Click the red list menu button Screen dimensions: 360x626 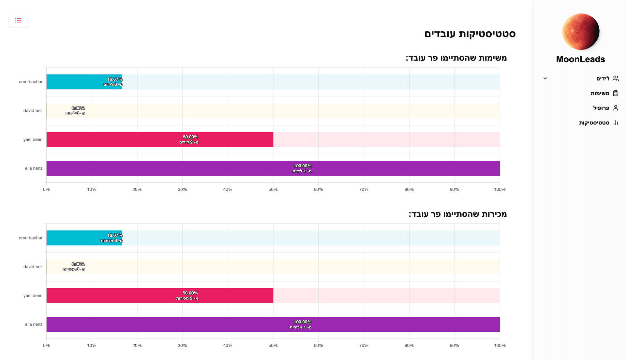click(x=18, y=20)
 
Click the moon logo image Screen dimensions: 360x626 click(x=581, y=32)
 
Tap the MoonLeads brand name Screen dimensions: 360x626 click(x=580, y=59)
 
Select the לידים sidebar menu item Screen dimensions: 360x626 click(x=603, y=79)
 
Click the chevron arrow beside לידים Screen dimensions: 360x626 click(x=545, y=79)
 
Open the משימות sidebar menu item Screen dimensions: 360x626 click(x=600, y=93)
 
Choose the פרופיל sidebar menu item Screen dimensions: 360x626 click(x=601, y=108)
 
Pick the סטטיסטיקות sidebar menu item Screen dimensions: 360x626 click(x=594, y=123)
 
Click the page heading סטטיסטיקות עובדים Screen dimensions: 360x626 click(x=469, y=34)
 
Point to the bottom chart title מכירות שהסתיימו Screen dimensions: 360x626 click(x=457, y=214)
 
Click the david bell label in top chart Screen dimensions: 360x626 click(x=33, y=111)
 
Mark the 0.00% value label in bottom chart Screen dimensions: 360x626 click(x=78, y=264)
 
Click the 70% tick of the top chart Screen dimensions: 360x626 click(x=364, y=189)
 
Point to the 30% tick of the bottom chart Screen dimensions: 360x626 click(x=182, y=345)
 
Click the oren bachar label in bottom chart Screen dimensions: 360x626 click(x=31, y=238)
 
